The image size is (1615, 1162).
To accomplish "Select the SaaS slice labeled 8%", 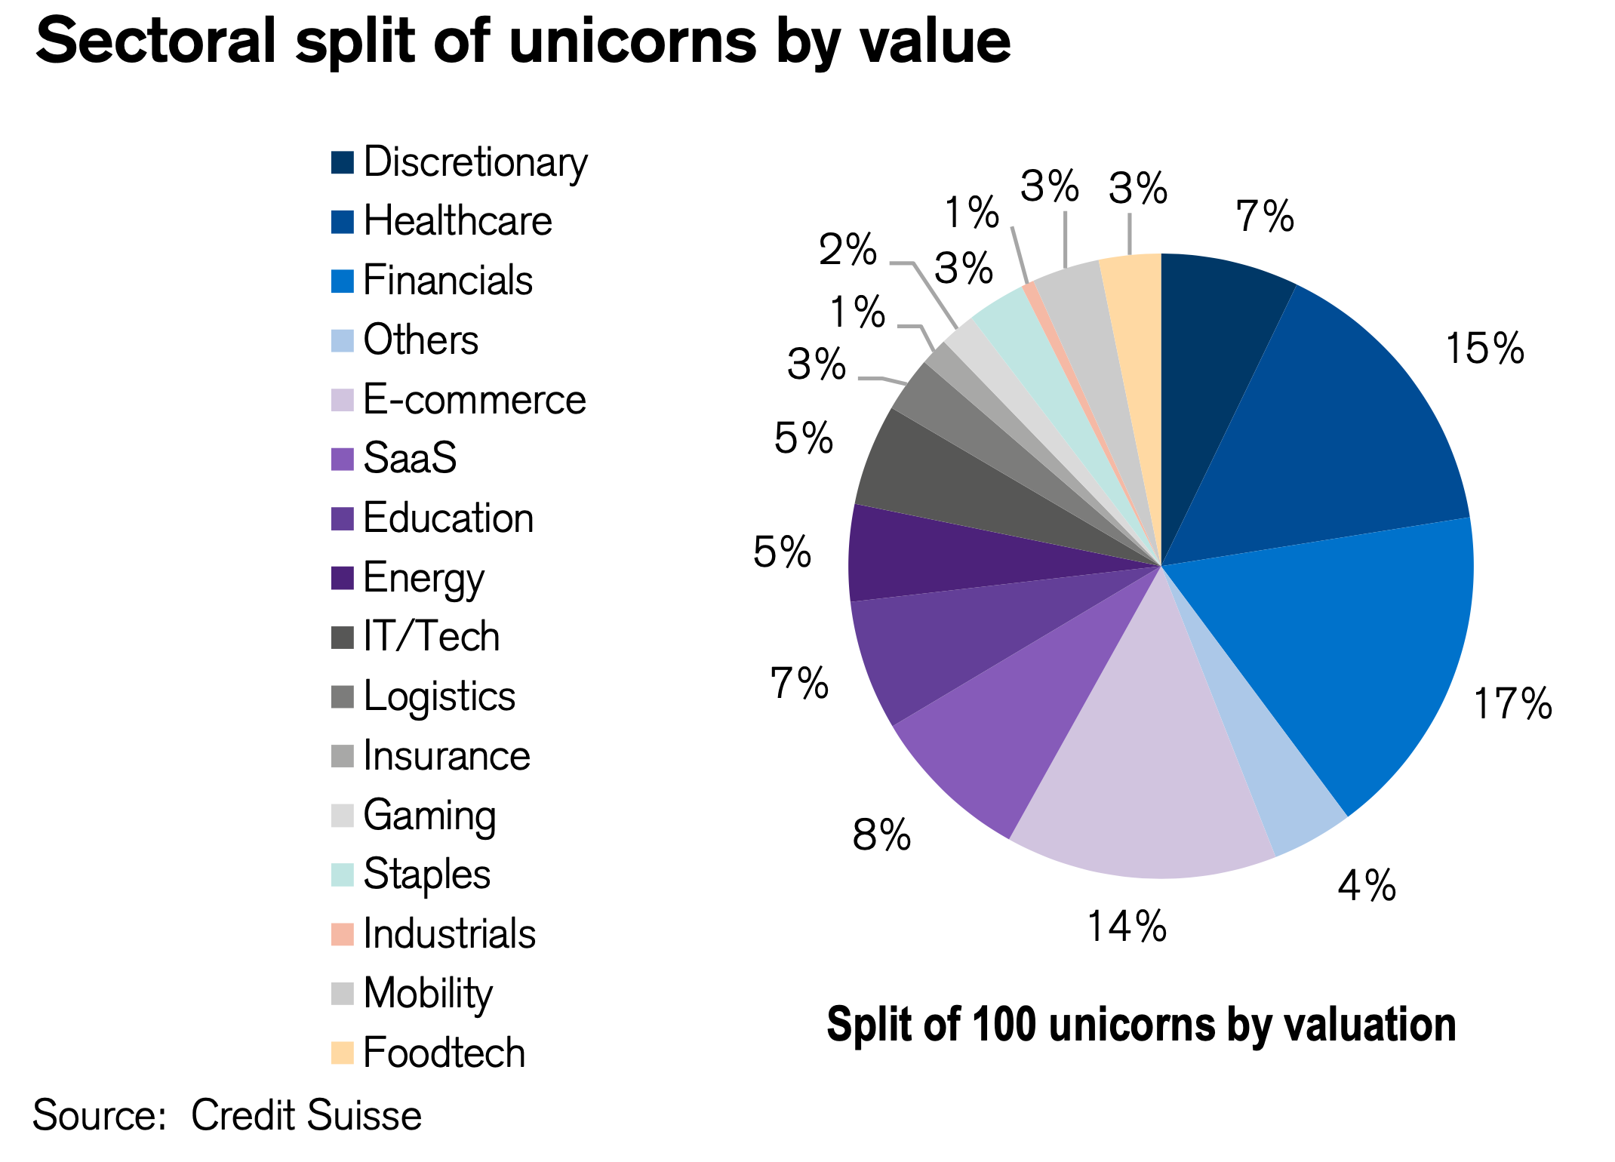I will tap(1011, 724).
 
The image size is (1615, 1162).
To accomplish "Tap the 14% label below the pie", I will tap(1127, 927).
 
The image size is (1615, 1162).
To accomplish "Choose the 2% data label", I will tap(847, 250).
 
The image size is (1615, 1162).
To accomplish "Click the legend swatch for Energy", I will tap(342, 578).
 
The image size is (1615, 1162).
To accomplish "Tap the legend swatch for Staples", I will tap(342, 875).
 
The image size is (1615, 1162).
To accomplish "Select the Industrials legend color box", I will tap(342, 934).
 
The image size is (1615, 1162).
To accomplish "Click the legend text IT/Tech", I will tap(431, 637).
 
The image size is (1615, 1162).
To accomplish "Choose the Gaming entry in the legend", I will tap(429, 816).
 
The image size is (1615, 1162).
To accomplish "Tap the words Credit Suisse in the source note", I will tap(306, 1115).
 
